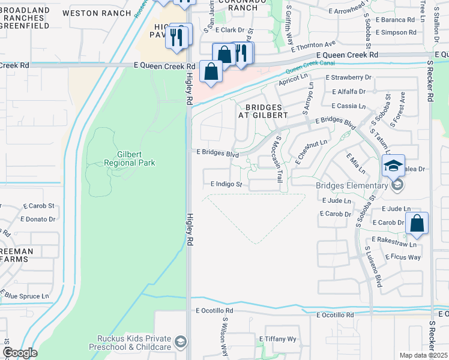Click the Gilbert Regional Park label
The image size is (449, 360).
129,158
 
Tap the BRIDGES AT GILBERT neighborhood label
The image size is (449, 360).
262,110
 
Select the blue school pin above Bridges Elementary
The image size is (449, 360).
394,166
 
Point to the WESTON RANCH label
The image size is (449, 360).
105,13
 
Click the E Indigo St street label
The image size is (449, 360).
226,185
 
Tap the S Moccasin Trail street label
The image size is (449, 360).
278,159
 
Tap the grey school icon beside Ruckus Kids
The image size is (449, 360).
179,343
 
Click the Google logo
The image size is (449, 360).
20,353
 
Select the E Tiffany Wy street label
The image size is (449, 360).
278,339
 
